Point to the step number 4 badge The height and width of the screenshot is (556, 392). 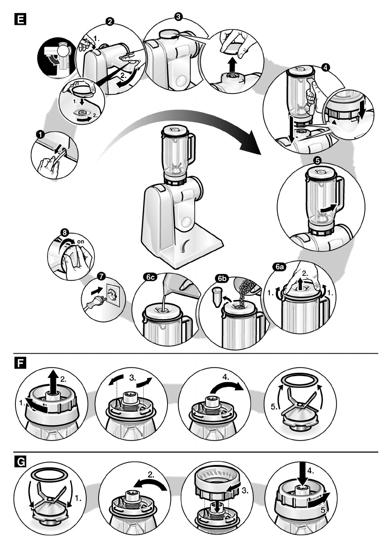(x=325, y=67)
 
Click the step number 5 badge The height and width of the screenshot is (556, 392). (x=317, y=160)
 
